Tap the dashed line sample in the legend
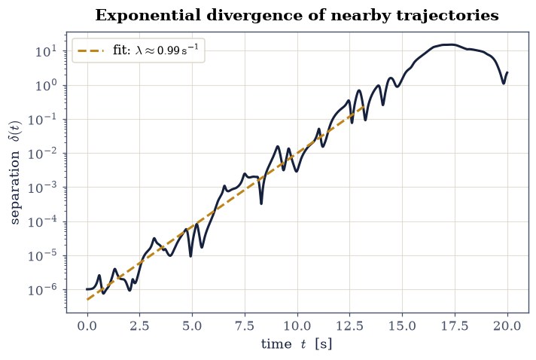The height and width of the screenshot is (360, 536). click(x=91, y=51)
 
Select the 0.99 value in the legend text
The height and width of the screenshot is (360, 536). click(x=168, y=50)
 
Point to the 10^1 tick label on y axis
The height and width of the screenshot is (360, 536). click(x=45, y=51)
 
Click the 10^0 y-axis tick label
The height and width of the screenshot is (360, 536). click(x=45, y=85)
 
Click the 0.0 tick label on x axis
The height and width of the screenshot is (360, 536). click(x=87, y=326)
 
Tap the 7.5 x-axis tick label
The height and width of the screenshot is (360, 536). click(x=245, y=326)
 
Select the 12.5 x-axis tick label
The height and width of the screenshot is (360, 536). click(x=350, y=326)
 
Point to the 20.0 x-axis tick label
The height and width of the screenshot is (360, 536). click(x=507, y=326)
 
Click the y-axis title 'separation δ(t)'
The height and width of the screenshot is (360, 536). click(x=15, y=172)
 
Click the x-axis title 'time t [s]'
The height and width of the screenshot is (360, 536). click(x=297, y=344)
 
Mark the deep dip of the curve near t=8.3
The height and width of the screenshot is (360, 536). click(x=261, y=204)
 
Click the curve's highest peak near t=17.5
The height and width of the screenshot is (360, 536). click(x=451, y=44)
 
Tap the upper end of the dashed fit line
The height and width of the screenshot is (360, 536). click(x=365, y=108)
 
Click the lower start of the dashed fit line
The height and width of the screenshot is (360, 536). click(x=87, y=300)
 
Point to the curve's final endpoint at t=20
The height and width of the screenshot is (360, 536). click(x=507, y=72)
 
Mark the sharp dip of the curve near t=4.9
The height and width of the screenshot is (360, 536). click(x=190, y=256)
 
